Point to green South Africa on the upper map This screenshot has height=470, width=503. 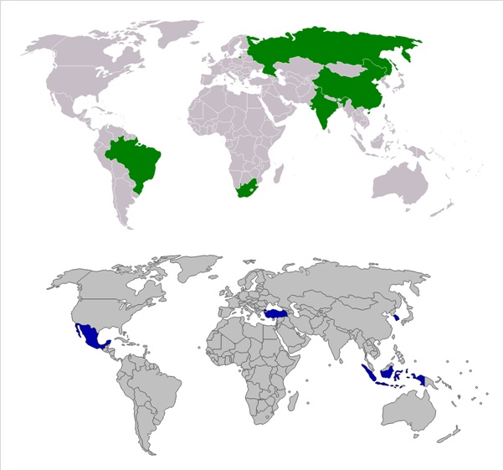coord(245,188)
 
